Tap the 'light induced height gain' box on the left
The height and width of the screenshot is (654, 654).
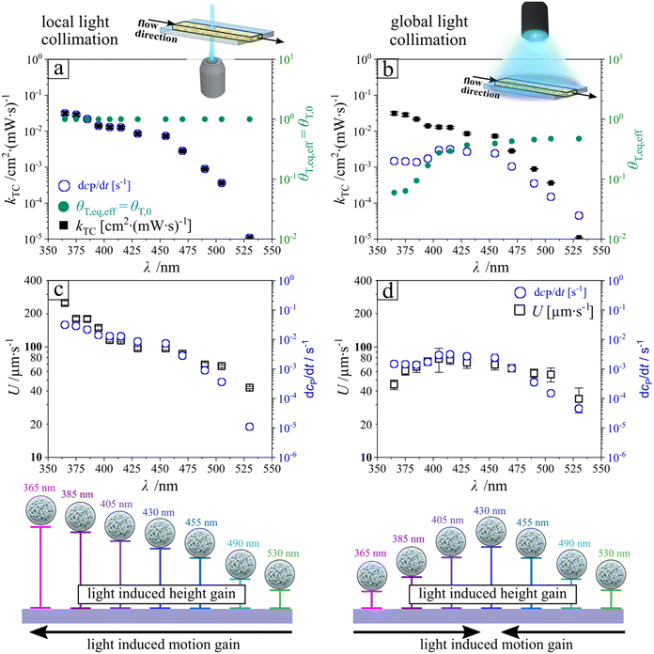[x=162, y=594]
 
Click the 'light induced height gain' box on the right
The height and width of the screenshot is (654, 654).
[x=491, y=594]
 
